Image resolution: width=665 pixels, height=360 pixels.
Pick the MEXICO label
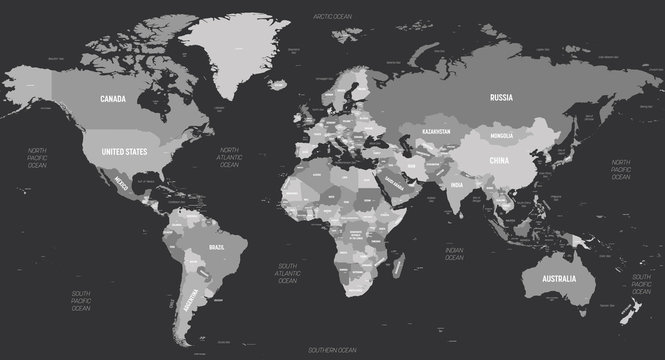click(119, 183)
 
